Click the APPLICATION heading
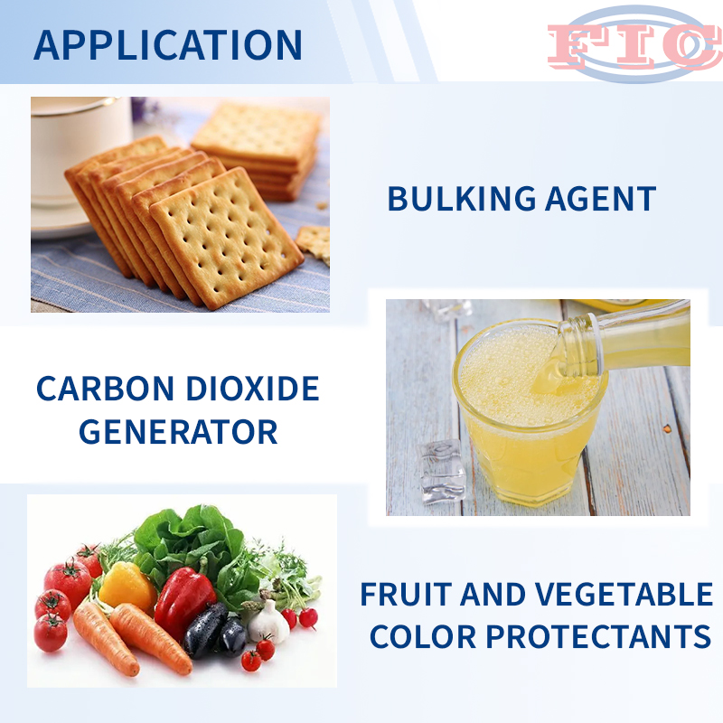click(168, 44)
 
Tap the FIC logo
click(635, 44)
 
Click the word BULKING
click(462, 199)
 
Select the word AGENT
click(600, 199)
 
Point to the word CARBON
click(105, 389)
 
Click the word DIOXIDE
click(253, 389)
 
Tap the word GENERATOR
click(178, 432)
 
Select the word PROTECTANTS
click(598, 637)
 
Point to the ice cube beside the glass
click(442, 471)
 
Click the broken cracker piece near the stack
click(313, 243)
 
